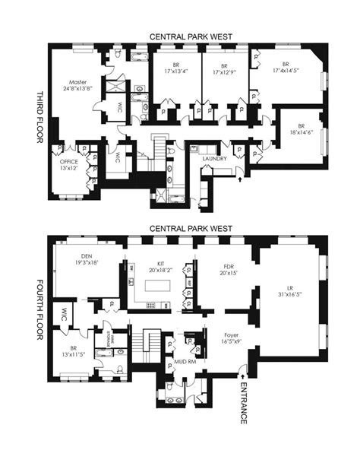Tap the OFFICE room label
point(69,161)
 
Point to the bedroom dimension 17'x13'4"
point(175,73)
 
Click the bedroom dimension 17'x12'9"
point(225,73)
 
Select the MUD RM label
point(184,363)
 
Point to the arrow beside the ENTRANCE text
point(242,372)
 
